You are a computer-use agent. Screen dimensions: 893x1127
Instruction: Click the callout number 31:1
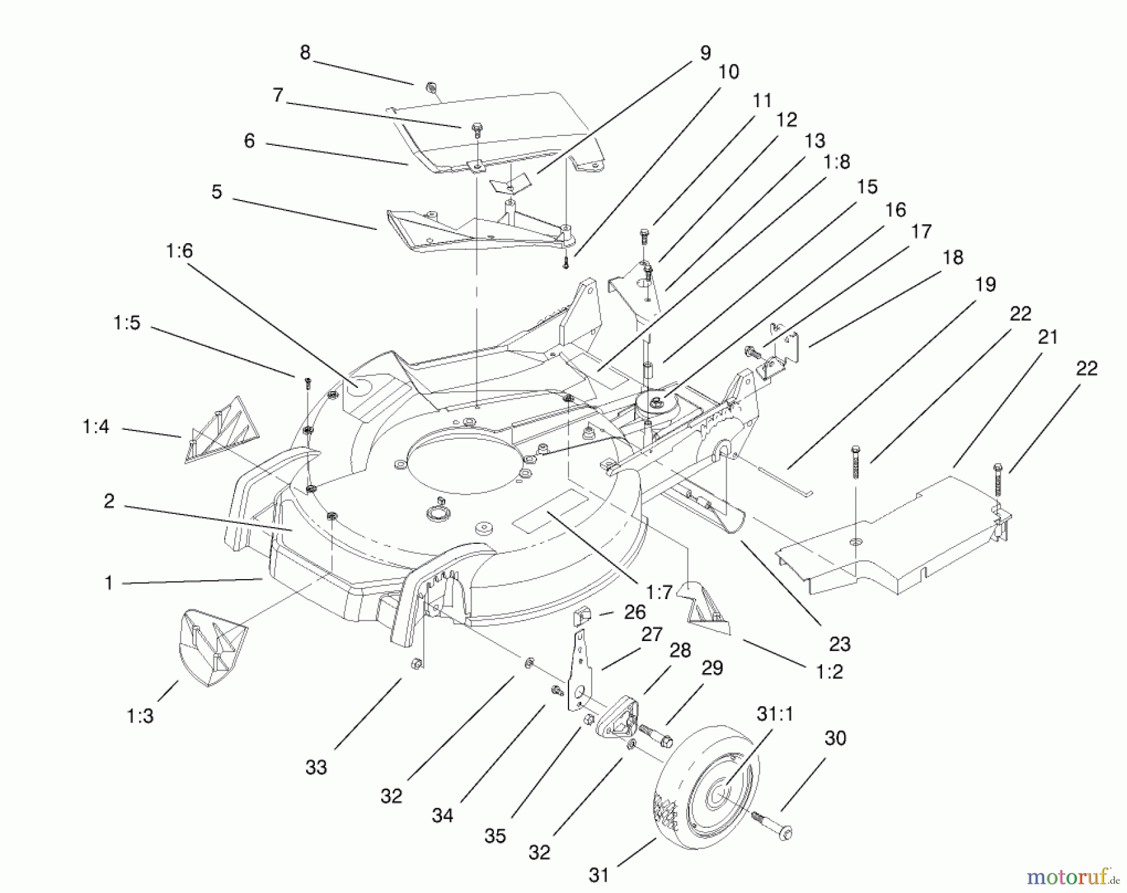[774, 714]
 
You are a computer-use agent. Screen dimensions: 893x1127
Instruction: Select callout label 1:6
[179, 251]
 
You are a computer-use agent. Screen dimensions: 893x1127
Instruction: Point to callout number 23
[839, 644]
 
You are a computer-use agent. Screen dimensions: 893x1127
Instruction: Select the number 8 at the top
[305, 53]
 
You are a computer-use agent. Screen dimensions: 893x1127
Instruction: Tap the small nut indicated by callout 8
[430, 87]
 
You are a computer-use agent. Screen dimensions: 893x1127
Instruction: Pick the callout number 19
[985, 285]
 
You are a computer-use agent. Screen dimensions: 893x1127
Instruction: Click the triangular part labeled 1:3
[214, 650]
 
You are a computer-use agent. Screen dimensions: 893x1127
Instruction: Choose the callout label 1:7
[659, 592]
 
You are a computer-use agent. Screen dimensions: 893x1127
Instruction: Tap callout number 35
[495, 837]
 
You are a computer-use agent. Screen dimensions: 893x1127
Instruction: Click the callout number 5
[217, 192]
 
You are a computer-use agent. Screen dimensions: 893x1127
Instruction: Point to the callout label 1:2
[830, 672]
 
